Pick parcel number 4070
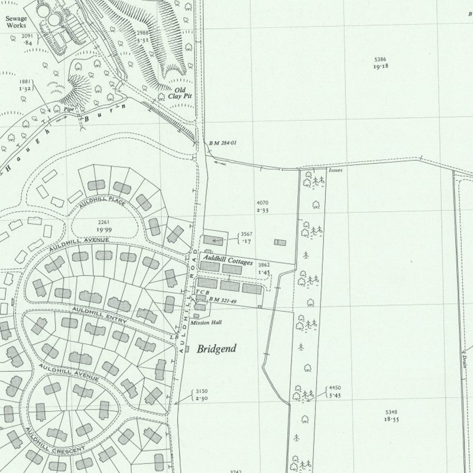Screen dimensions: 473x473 click(x=263, y=203)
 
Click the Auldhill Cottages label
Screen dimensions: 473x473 click(x=228, y=261)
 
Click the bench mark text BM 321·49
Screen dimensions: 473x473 click(x=224, y=301)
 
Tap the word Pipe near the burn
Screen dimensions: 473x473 click(x=70, y=109)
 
